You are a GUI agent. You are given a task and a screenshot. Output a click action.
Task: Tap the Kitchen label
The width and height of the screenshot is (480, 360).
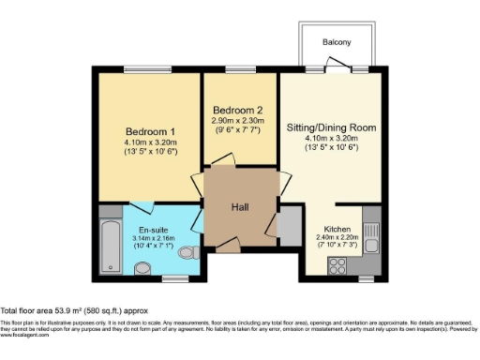coord(337,230)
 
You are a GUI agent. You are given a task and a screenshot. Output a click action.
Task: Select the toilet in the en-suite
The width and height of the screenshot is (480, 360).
coord(187,253)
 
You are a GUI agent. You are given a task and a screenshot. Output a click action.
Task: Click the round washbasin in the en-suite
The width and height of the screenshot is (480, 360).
coord(142,270)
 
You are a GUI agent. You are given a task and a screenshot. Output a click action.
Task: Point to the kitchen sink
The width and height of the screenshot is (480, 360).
coord(369,246)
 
